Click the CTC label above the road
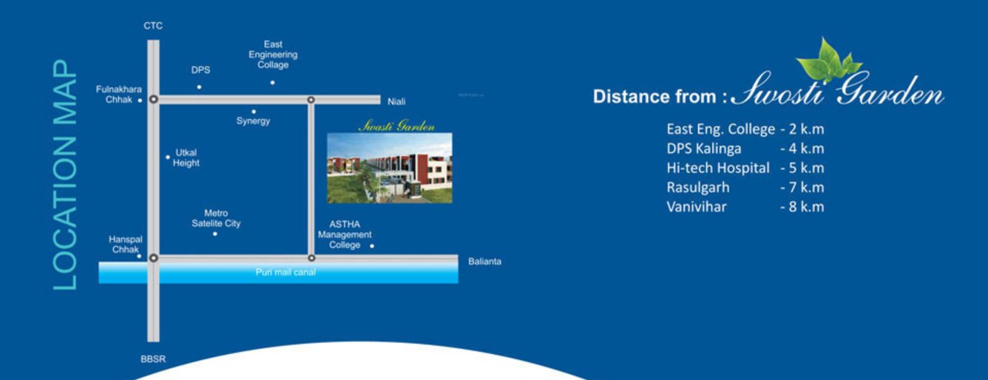coord(153,26)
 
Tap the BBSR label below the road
coord(153,359)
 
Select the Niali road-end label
coord(396,102)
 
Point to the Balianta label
coord(484,262)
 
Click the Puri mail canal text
coord(285,273)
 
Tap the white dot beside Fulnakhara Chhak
coord(140,101)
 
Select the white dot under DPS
coord(200,86)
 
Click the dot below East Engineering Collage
coord(273,83)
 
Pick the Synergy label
coord(253,121)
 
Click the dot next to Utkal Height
coord(168,157)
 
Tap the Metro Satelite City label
coord(216,218)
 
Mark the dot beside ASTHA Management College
coord(372,246)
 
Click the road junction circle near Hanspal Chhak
coord(154,258)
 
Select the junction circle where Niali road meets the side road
coord(311,100)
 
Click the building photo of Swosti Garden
coord(390,168)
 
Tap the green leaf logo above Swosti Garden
coord(828,61)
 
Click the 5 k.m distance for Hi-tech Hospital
coord(802,168)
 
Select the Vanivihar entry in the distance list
coord(697,207)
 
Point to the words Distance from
coord(654,97)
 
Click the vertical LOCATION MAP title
coord(65,174)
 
